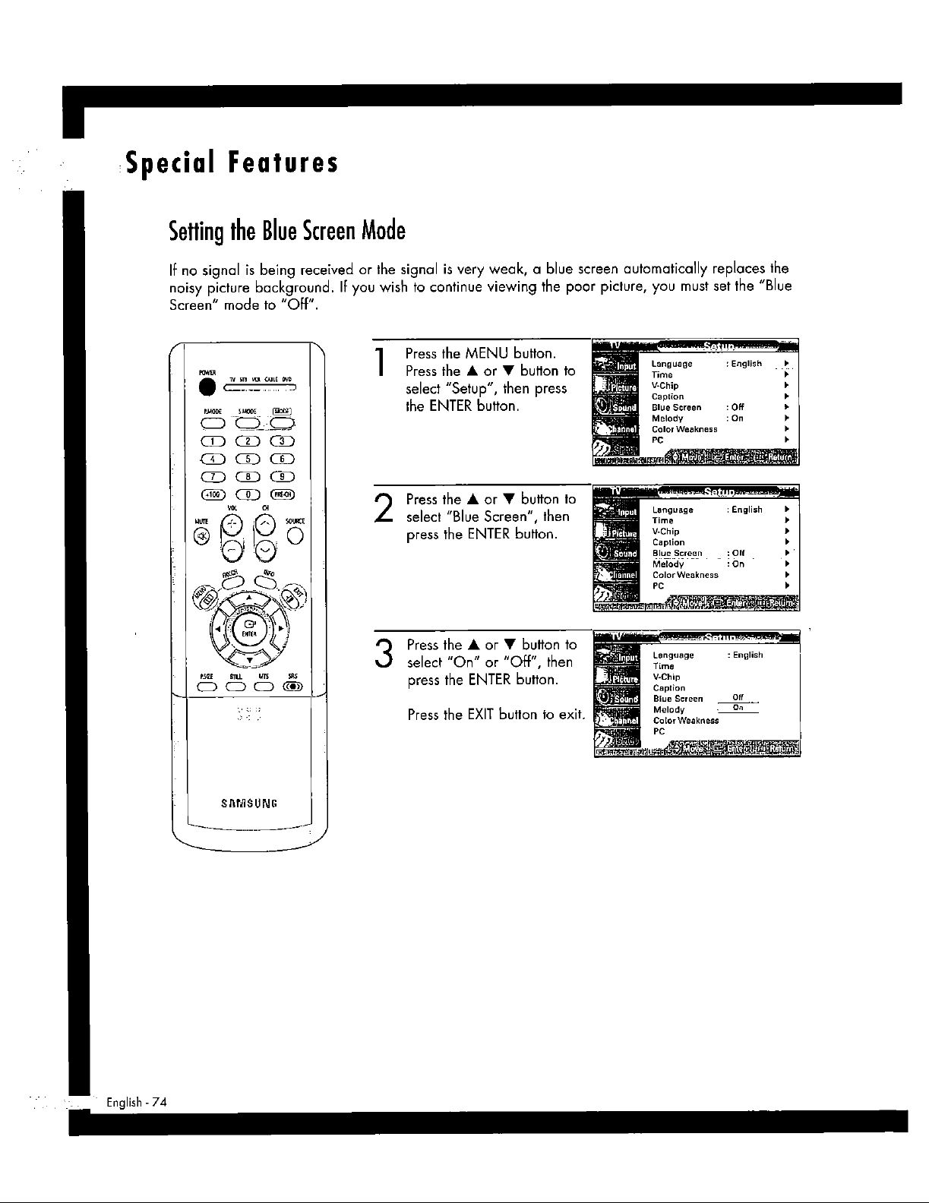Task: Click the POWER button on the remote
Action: coord(203,387)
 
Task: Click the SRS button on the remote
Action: coord(291,688)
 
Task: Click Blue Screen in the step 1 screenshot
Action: coord(676,408)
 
